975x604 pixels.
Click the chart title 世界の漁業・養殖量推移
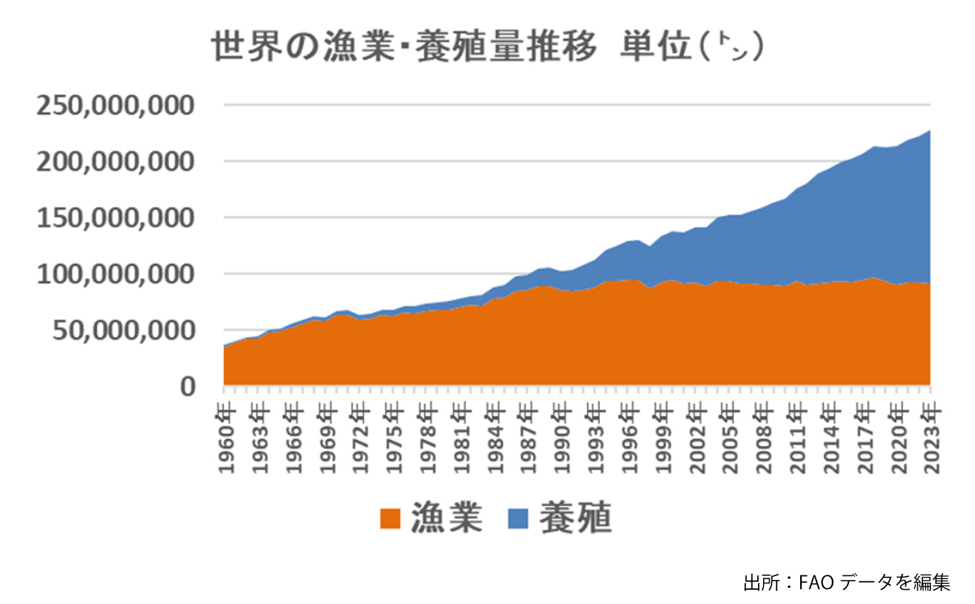coord(403,47)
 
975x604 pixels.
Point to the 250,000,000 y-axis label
coord(115,105)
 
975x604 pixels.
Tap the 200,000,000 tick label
coord(115,162)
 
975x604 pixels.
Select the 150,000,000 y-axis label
coord(115,218)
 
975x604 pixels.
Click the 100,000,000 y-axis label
coord(115,275)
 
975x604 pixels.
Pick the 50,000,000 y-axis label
coord(123,331)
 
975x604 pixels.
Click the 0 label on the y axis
coord(188,387)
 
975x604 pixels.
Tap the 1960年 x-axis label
coord(226,437)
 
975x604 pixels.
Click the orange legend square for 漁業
coord(390,518)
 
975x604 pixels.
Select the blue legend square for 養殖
coord(518,518)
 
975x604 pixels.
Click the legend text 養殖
coord(575,518)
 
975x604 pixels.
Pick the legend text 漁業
coord(447,518)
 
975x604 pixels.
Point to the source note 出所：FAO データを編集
coord(846,582)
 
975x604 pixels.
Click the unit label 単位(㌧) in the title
coord(692,47)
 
